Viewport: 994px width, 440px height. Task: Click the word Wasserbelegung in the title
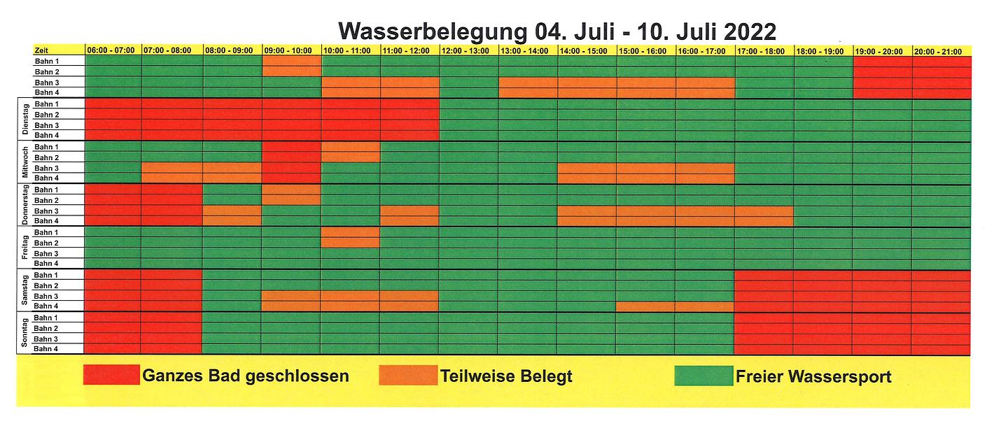click(431, 31)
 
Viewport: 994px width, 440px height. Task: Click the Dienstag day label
click(24, 120)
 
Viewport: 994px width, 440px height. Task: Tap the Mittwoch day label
click(24, 162)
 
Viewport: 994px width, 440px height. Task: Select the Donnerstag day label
click(24, 205)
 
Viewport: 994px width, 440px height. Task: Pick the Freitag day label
click(24, 248)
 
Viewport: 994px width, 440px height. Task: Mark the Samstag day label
click(24, 290)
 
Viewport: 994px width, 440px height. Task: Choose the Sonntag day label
click(24, 334)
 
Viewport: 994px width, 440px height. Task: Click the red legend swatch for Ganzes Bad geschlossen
click(111, 376)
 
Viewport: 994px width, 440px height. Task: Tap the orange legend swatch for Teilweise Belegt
click(407, 376)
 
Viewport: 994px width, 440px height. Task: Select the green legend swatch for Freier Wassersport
click(703, 376)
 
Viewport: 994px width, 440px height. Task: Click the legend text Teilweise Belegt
click(506, 376)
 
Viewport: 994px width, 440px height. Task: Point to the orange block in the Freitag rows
click(351, 237)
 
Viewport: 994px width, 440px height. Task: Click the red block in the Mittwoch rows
click(292, 163)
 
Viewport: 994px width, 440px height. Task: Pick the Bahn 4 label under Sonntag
click(46, 349)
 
